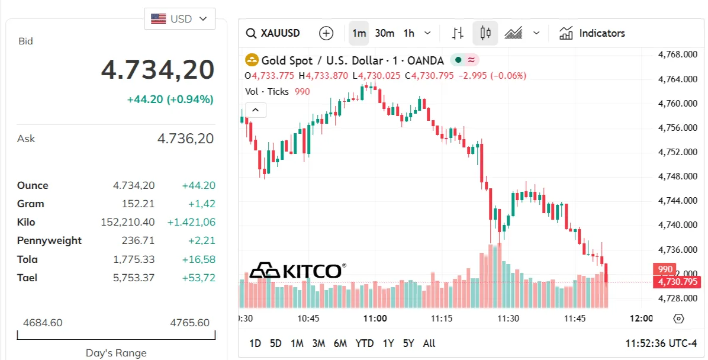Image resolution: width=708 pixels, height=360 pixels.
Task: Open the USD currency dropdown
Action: point(179,19)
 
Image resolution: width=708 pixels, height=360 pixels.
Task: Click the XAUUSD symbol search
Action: point(273,33)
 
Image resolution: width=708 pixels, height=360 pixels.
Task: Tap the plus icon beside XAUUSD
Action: point(326,33)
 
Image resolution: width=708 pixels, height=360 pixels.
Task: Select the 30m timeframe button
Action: point(385,33)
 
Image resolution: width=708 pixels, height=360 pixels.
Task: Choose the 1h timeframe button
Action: point(408,33)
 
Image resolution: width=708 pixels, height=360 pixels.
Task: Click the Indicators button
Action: point(592,33)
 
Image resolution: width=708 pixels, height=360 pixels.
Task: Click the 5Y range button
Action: point(408,343)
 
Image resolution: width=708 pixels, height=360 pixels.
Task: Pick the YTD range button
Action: point(365,343)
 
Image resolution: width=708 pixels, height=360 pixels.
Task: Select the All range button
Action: point(429,343)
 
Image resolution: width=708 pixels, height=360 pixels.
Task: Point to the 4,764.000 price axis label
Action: point(678,79)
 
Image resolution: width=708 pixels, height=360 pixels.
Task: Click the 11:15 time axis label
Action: point(442,319)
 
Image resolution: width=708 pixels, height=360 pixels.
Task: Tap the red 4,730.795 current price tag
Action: point(677,282)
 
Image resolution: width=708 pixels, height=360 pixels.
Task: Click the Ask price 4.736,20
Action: point(185,139)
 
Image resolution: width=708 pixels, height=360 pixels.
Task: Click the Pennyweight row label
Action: point(49,240)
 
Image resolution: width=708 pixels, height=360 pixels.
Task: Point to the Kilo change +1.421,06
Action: point(191,222)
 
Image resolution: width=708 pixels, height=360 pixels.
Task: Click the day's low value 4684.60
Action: point(43,323)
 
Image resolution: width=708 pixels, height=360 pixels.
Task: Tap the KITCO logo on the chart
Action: point(298,271)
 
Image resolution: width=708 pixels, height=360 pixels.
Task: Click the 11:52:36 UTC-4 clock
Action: point(661,343)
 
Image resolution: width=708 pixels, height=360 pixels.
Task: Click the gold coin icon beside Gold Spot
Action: point(252,60)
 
